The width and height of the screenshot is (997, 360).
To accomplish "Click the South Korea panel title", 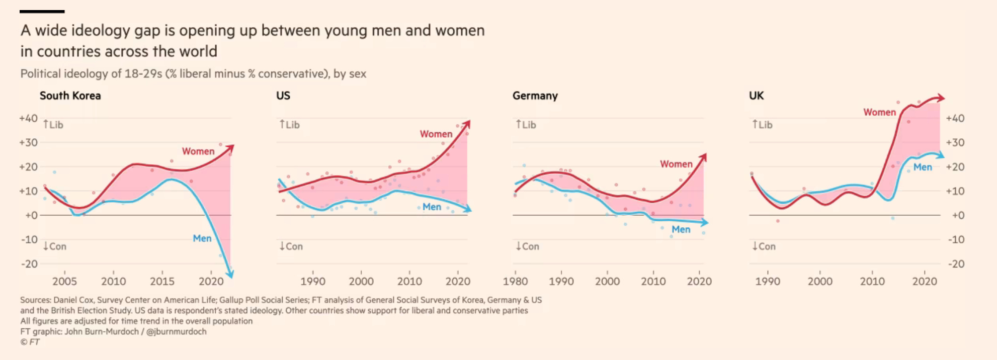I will (70, 96).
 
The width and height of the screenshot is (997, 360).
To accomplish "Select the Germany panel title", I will (535, 96).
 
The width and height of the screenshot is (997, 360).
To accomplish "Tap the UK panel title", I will (756, 96).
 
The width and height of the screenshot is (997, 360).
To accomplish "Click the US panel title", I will (283, 96).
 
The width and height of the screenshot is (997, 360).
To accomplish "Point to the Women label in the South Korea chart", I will (198, 151).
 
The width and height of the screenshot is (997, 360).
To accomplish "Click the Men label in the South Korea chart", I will (202, 238).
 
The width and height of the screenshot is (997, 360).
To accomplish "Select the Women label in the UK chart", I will (879, 112).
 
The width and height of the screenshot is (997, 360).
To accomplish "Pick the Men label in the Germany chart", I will (681, 229).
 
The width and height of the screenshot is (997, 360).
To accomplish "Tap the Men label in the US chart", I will (432, 207).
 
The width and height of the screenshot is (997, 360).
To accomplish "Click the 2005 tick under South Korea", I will (64, 281).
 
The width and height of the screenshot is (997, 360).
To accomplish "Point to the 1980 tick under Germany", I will (515, 281).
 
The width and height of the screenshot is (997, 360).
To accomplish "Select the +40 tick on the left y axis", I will (28, 118).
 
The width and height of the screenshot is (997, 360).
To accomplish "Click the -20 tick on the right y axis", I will (956, 263).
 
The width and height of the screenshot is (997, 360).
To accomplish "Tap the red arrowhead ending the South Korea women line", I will (230, 148).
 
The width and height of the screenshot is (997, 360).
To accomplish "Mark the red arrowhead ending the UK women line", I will (940, 98).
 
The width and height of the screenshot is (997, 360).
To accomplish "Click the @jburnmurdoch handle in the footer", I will (176, 331).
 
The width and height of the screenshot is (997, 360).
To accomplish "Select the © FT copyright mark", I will (30, 342).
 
